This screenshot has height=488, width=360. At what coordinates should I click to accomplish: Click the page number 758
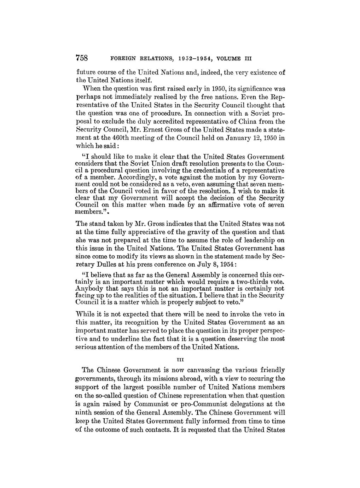pos(83,58)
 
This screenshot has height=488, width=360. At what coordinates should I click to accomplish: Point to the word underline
pos(124,339)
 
